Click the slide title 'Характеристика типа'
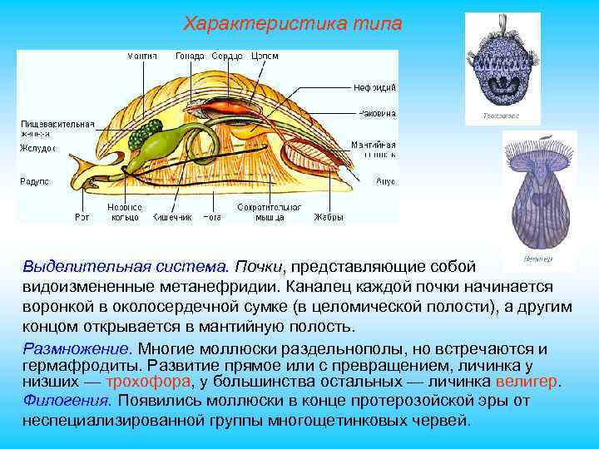coord(292,23)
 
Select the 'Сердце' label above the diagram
coord(227,56)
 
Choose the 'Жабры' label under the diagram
coord(329,218)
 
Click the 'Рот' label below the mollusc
coord(82,218)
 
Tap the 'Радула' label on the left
coord(34,180)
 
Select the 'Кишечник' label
coord(171,218)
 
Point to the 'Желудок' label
coord(37,148)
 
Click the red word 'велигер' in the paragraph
coord(527,382)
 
